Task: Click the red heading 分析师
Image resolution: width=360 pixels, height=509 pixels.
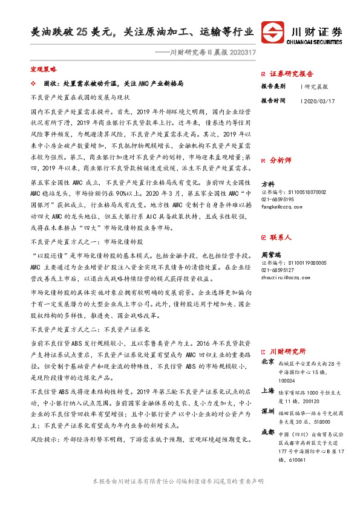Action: coord(281,161)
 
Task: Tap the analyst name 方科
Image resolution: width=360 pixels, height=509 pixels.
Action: coord(267,184)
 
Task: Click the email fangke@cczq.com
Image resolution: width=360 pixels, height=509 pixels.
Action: coord(282,206)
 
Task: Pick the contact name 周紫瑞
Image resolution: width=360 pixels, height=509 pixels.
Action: coord(270,255)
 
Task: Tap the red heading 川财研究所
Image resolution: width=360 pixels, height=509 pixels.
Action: coord(287,351)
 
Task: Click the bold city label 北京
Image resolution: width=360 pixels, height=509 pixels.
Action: coord(267,361)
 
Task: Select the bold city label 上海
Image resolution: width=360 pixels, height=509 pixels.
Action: coord(267,391)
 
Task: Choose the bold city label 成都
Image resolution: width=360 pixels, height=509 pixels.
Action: coord(267,432)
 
